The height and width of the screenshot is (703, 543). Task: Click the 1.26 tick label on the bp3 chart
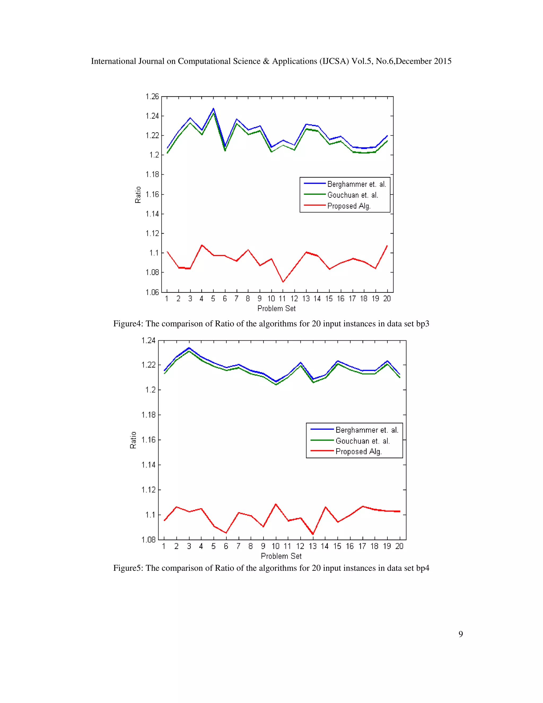(x=152, y=97)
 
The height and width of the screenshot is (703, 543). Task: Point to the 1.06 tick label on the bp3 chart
(x=152, y=292)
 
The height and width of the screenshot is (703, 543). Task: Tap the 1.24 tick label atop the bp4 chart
(x=148, y=341)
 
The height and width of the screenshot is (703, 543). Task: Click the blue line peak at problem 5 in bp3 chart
(x=213, y=109)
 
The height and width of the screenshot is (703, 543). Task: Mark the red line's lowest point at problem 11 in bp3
(x=283, y=282)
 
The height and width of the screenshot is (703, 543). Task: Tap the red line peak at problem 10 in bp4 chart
(x=276, y=504)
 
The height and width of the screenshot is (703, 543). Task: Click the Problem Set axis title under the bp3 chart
(x=276, y=308)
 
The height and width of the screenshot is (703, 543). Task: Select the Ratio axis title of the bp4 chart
(x=133, y=440)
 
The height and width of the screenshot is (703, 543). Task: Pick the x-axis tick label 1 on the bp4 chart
(x=164, y=546)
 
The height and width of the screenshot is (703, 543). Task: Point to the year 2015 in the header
(x=442, y=61)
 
